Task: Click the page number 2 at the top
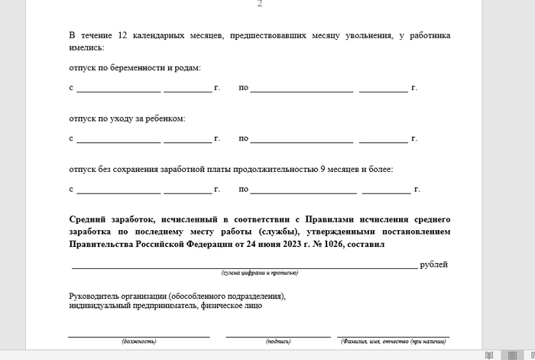coord(259,4)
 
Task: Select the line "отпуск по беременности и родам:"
coord(135,68)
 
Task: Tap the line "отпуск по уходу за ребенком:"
coord(127,118)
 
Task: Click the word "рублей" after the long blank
coord(433,264)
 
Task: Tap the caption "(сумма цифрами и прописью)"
coord(259,273)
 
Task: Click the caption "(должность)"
coord(138,341)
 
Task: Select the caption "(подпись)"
coord(277,341)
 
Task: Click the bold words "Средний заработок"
coord(112,218)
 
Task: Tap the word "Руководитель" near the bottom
coord(96,296)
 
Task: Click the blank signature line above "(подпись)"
coord(277,335)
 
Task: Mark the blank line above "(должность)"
coord(138,335)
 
